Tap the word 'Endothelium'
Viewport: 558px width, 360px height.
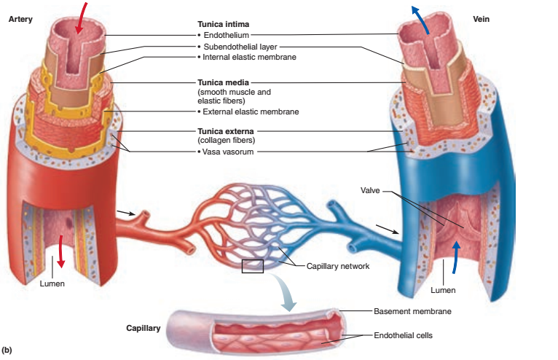[227, 35]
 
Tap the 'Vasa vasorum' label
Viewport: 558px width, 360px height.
[227, 152]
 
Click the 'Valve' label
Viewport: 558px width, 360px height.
[371, 191]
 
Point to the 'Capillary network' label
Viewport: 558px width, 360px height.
[338, 267]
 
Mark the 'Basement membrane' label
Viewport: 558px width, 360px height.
[412, 311]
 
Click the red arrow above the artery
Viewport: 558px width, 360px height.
[85, 12]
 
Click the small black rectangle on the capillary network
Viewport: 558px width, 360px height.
[253, 266]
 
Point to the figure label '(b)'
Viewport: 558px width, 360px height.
[8, 351]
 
